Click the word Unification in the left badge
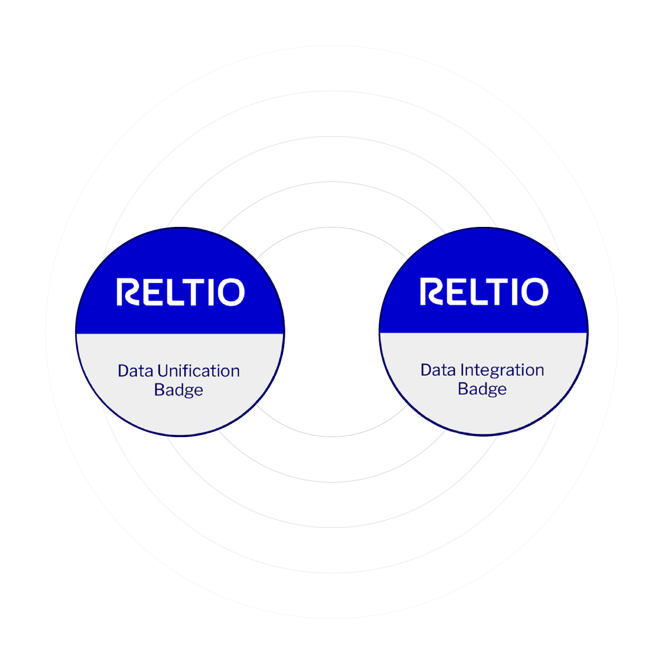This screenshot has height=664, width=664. tap(198, 371)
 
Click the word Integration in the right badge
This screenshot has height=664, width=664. tap(502, 370)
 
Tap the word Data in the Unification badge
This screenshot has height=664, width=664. tap(135, 371)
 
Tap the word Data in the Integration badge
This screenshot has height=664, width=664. tap(438, 370)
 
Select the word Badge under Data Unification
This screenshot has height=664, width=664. tap(179, 390)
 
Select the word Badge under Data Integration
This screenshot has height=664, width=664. tap(482, 389)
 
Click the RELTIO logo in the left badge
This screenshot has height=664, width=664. tap(180, 293)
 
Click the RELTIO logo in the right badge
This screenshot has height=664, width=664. tap(484, 292)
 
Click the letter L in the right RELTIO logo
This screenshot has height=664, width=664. tap(473, 292)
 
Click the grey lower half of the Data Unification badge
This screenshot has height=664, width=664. tap(180, 412)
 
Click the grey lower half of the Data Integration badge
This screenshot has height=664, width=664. tap(484, 412)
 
